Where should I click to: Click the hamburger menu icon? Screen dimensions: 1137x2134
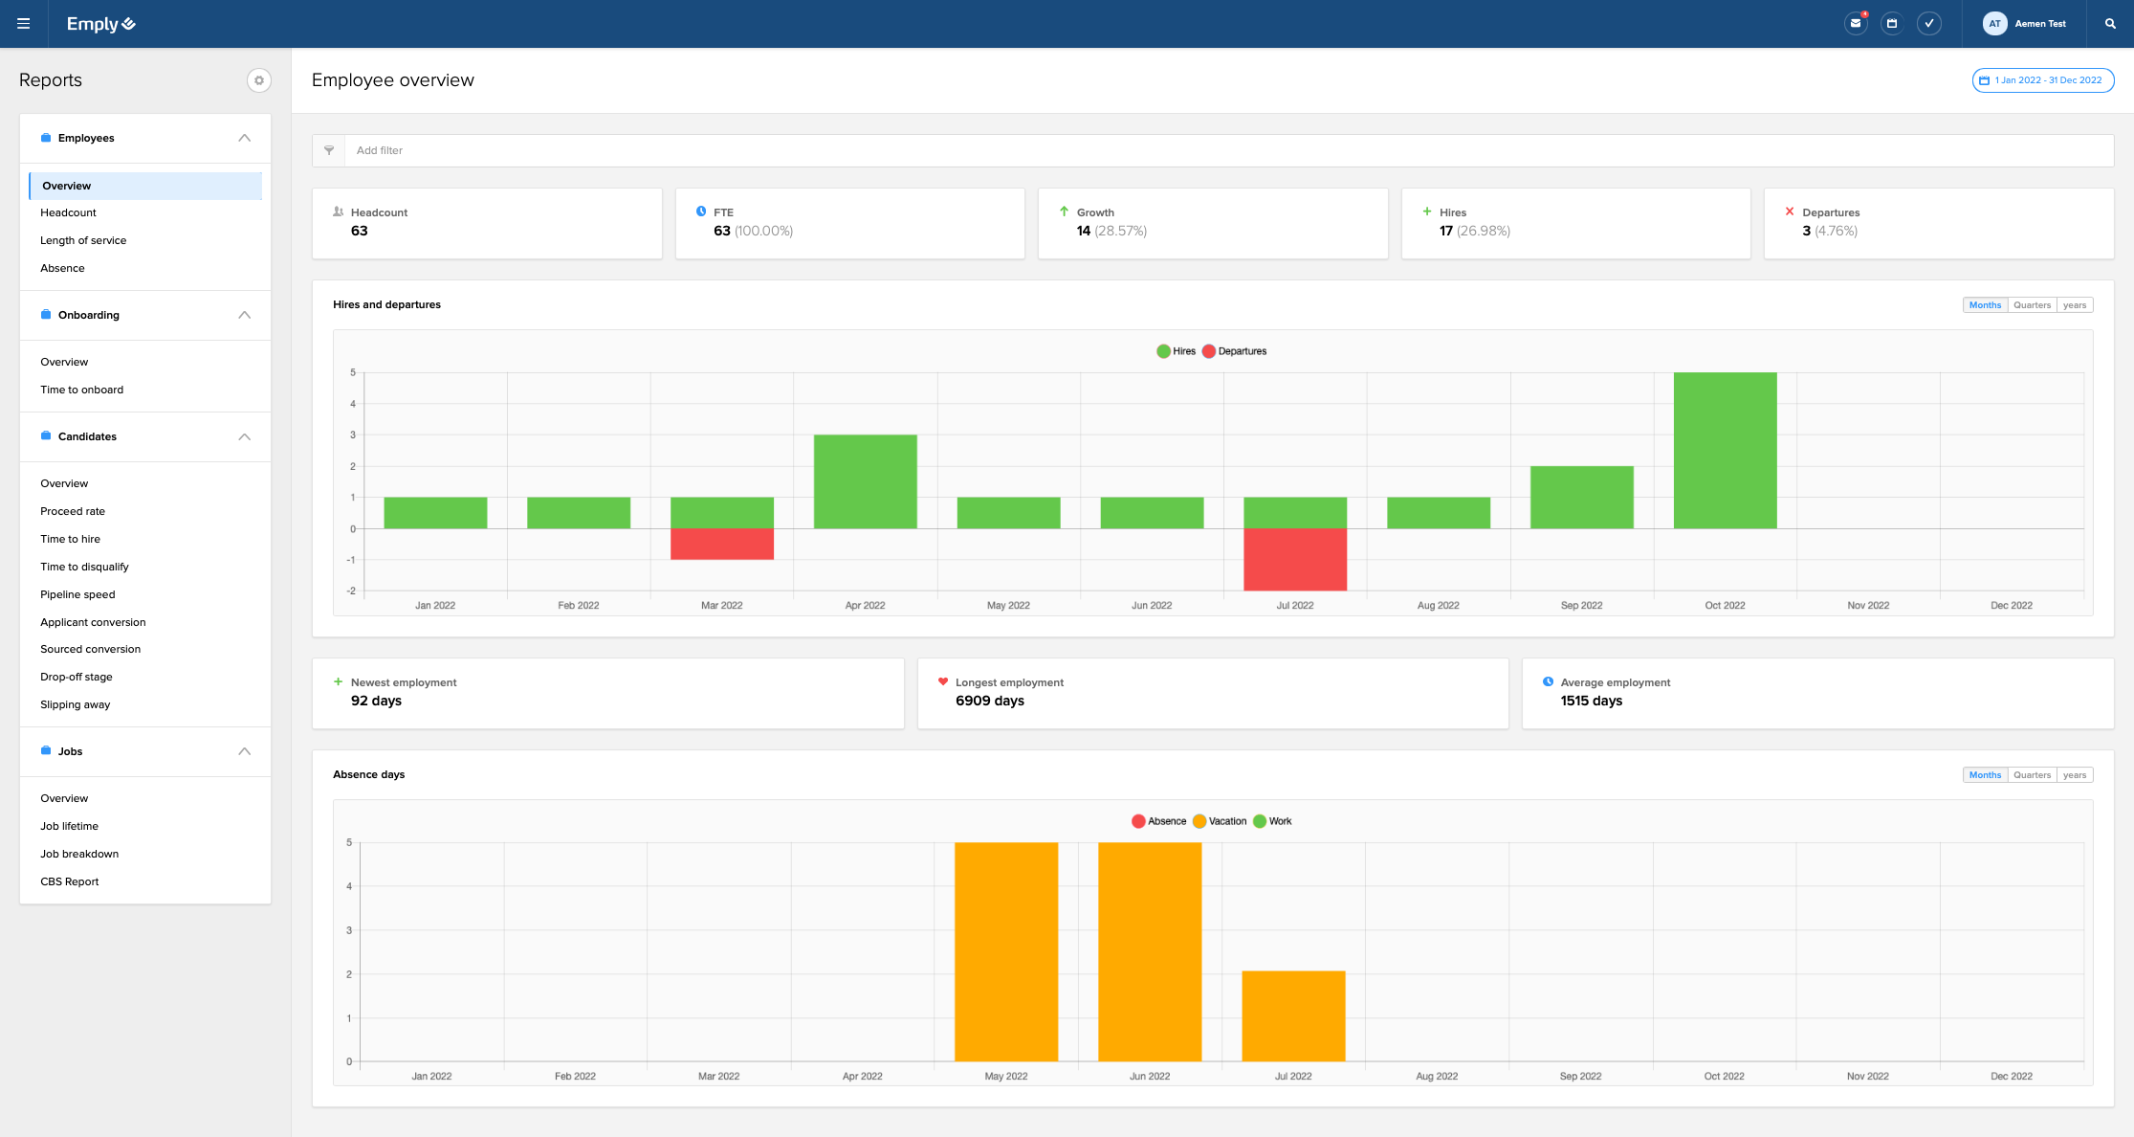[x=24, y=24]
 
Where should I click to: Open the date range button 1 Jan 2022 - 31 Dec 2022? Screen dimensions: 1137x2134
[x=2042, y=80]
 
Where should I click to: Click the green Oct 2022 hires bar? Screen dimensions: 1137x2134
[x=1725, y=450]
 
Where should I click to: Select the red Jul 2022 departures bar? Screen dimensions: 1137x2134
[x=1294, y=560]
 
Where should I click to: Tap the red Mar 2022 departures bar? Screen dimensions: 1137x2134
[x=721, y=545]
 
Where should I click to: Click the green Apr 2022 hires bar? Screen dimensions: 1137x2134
[x=865, y=481]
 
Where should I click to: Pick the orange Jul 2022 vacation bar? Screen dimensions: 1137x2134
[x=1293, y=1015]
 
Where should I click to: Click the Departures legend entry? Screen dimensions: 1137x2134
[x=1235, y=351]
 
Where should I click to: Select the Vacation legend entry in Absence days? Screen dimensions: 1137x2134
[x=1221, y=821]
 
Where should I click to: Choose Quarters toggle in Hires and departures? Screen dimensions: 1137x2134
[x=2032, y=305]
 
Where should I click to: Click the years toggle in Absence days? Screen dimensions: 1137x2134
[x=2074, y=775]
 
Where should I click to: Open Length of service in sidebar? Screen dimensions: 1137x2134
[x=83, y=240]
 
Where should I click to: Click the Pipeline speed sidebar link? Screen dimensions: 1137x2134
[x=77, y=594]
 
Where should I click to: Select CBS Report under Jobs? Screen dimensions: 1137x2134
[x=70, y=881]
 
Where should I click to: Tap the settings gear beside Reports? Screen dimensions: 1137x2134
[x=258, y=80]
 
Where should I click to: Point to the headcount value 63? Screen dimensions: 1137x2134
[x=360, y=231]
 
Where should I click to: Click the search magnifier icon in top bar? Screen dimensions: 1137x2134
[x=2110, y=24]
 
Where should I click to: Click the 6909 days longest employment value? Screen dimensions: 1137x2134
[x=989, y=701]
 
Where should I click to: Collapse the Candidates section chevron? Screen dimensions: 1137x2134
[x=245, y=436]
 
